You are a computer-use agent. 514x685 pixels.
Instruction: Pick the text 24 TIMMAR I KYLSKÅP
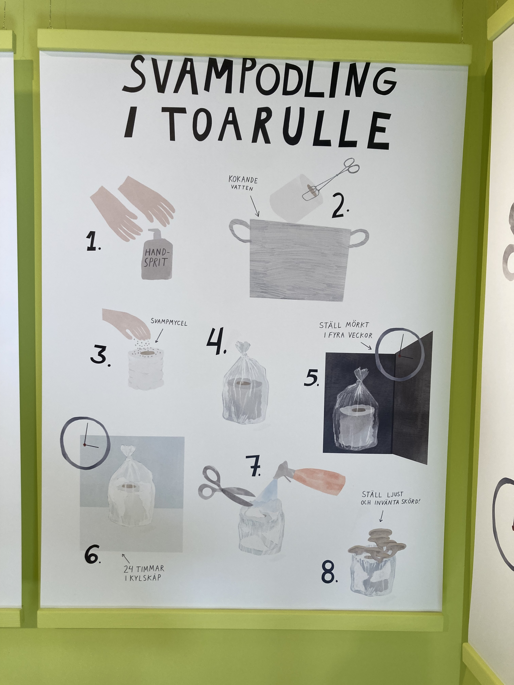pyautogui.click(x=144, y=573)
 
